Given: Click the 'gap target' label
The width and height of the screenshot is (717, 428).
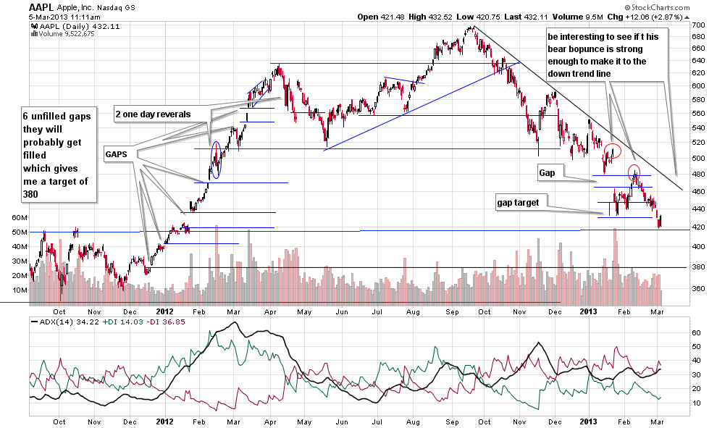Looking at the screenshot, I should point(517,203).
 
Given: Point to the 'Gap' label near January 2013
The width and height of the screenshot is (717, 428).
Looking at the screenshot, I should point(547,174).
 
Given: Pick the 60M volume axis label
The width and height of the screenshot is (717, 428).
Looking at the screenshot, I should point(20,217).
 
